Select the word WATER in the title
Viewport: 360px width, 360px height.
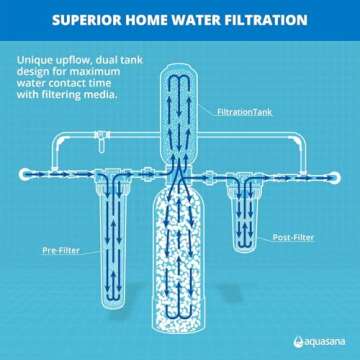tap(209, 20)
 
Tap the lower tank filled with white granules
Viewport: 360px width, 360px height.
tap(180, 265)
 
